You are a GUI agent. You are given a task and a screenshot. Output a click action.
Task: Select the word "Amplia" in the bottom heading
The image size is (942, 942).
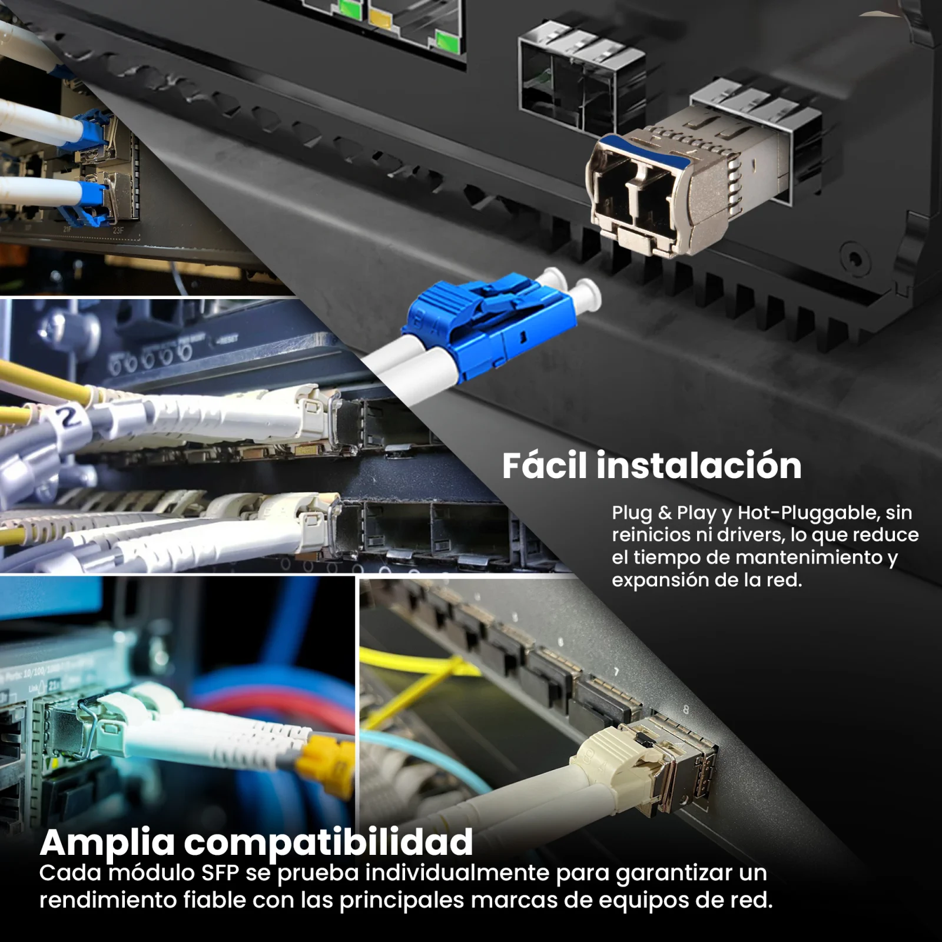pyautogui.click(x=108, y=844)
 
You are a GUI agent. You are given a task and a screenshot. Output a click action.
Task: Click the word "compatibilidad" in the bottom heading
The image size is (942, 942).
pyautogui.click(x=329, y=844)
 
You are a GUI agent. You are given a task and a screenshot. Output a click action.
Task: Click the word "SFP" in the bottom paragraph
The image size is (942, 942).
pyautogui.click(x=220, y=873)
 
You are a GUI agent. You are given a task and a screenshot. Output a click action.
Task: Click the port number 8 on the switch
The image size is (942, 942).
pyautogui.click(x=685, y=710)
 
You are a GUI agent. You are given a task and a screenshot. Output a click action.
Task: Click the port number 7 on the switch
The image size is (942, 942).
pyautogui.click(x=616, y=672)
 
